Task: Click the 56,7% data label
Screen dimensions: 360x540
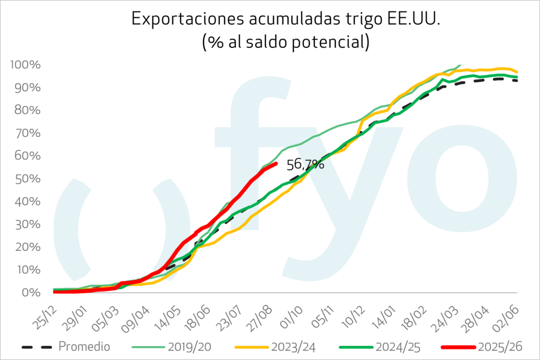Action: pos(305,164)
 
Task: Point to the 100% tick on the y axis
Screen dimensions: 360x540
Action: pos(25,65)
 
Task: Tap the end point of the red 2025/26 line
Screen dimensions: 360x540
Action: pos(276,164)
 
